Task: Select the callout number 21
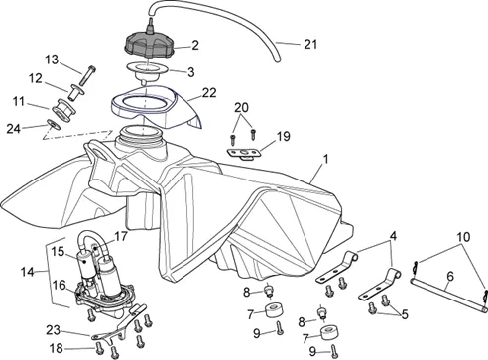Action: [x=310, y=44]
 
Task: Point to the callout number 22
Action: [x=209, y=93]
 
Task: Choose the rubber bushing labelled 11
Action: [x=63, y=110]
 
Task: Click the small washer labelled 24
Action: [x=54, y=125]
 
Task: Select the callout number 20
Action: [x=241, y=107]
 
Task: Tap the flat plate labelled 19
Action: [x=244, y=154]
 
